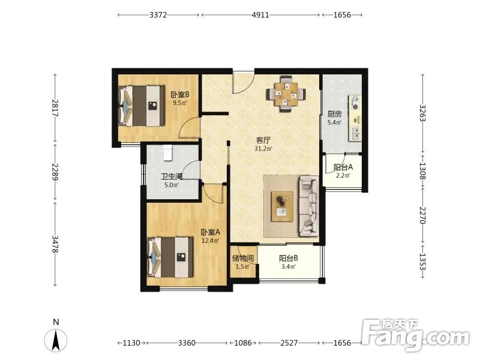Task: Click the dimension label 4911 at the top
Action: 260,14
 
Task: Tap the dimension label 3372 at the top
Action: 158,14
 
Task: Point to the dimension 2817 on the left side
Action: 55,108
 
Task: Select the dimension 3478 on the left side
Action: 55,244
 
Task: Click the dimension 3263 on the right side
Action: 422,113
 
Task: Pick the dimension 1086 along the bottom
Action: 243,343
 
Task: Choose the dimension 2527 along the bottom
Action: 289,343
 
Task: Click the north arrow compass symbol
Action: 56,340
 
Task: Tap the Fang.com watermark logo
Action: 415,335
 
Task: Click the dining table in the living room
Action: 286,94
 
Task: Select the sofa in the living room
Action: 309,206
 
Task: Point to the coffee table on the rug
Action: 282,206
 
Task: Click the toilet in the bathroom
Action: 168,153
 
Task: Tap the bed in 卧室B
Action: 140,106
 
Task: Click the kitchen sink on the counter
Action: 356,133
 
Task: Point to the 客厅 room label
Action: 263,140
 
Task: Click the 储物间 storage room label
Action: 243,258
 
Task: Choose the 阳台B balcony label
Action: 289,258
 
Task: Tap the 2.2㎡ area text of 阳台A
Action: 343,175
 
